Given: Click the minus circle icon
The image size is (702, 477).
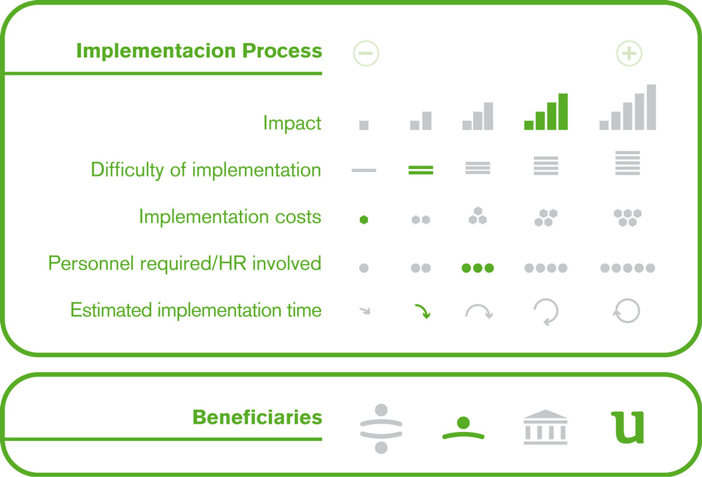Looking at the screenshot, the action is pos(366,53).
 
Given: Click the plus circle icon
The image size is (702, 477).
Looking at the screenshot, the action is pos(629,53).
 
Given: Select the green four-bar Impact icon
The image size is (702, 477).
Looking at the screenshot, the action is pos(546,112).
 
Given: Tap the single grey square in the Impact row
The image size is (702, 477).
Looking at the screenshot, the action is pos(364,125).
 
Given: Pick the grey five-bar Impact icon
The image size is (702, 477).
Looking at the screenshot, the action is pos(627,107).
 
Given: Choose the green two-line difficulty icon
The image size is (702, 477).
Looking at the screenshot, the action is pos(421,170).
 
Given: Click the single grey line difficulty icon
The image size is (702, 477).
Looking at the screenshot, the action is pos(364,170).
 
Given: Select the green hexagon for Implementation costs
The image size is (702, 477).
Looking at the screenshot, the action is pos(364,220).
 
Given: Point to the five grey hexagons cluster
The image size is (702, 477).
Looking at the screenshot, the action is pos(627,217).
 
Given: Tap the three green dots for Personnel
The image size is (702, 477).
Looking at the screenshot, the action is pos(477,268).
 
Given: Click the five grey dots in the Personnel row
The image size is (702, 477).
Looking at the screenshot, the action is pos(627,268).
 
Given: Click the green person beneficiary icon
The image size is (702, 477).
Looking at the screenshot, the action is pos(463,428).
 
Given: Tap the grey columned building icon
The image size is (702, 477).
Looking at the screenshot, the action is pos(545,427).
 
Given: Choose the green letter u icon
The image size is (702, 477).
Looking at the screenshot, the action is pos(627,427).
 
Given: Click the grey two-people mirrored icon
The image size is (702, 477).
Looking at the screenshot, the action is pos(381,428).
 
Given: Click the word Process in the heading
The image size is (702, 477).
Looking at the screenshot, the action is pos(282,50).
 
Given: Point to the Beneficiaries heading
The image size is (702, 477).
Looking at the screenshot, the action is pos(257,417).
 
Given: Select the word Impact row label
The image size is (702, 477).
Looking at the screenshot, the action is pos(292,123).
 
